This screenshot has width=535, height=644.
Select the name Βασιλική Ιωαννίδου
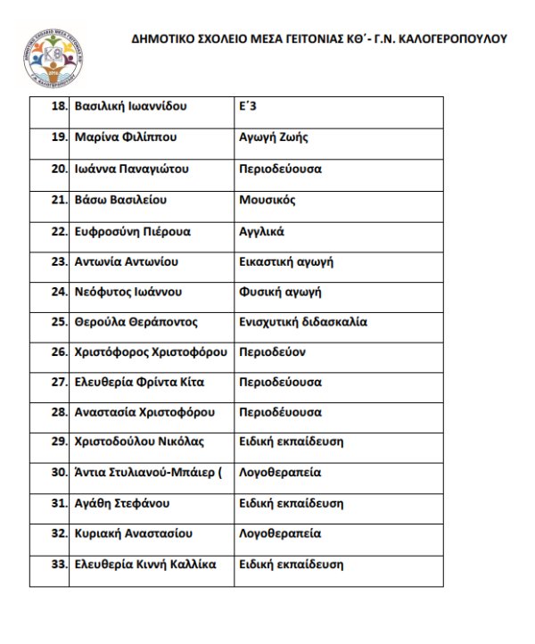[x=130, y=107]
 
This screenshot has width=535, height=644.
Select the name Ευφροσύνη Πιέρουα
[x=131, y=230]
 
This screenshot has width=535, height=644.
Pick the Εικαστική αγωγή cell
[x=281, y=261]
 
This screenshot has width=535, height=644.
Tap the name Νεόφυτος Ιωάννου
[x=128, y=292]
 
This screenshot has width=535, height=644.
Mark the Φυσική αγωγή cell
[x=280, y=292]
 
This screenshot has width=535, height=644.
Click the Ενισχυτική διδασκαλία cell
[x=302, y=322]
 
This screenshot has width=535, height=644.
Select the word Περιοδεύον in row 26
[x=272, y=352]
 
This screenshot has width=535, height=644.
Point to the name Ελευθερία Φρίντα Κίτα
[x=139, y=383]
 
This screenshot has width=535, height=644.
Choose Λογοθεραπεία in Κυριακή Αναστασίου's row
[x=280, y=533]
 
